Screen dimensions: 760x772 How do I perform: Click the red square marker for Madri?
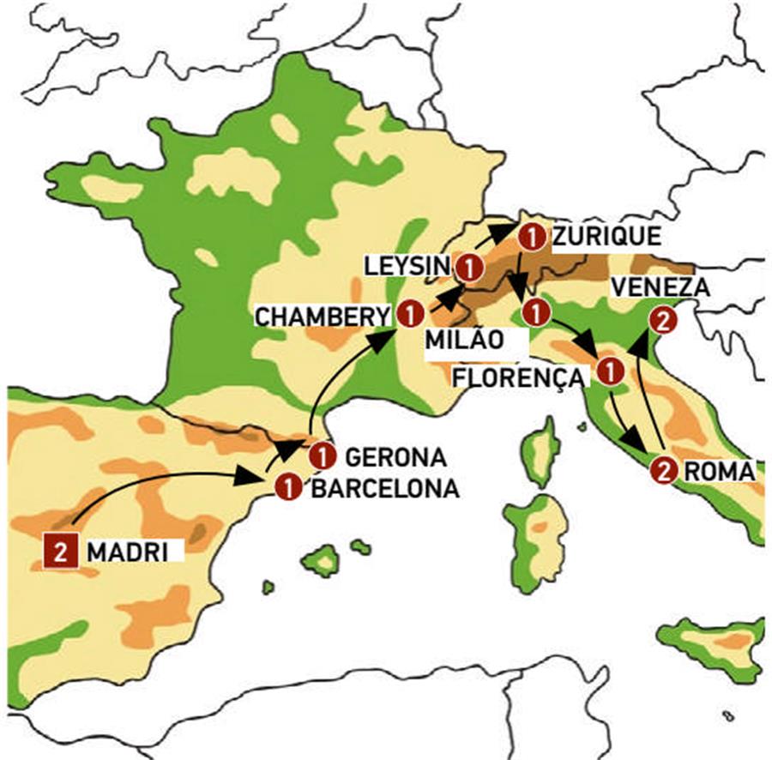pos(60,551)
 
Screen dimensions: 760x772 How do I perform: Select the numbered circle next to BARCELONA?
pos(288,486)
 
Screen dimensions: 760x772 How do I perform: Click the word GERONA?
pos(395,455)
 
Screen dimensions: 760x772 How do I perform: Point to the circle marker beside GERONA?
pos(322,455)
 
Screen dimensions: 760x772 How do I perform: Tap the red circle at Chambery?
pos(410,314)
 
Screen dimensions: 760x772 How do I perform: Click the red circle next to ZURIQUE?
pos(532,235)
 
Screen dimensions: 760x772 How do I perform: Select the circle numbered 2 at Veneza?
pos(661,321)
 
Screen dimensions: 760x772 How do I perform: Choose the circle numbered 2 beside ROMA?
pos(663,470)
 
